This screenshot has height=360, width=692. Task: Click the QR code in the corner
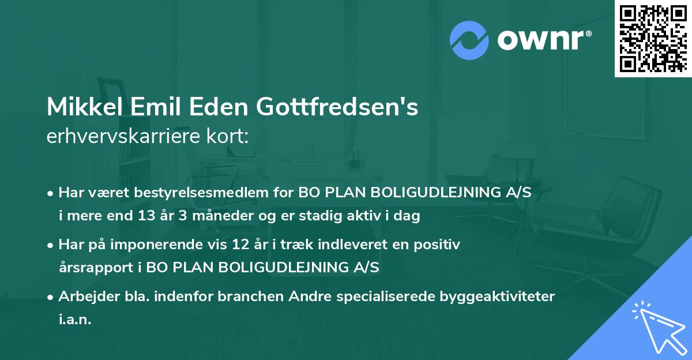(x=653, y=39)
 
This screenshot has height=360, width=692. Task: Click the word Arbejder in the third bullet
(x=84, y=297)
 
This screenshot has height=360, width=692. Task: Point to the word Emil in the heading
(x=152, y=107)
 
